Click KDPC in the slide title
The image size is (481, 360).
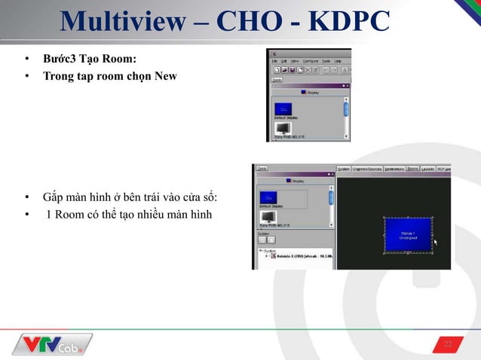(x=346, y=20)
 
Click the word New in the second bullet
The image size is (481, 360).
(x=165, y=76)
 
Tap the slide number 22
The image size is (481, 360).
(x=448, y=344)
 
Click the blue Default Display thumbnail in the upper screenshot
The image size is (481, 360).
(x=283, y=109)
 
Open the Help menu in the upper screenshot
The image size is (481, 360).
(x=337, y=60)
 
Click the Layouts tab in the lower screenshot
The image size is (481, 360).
(x=427, y=168)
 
